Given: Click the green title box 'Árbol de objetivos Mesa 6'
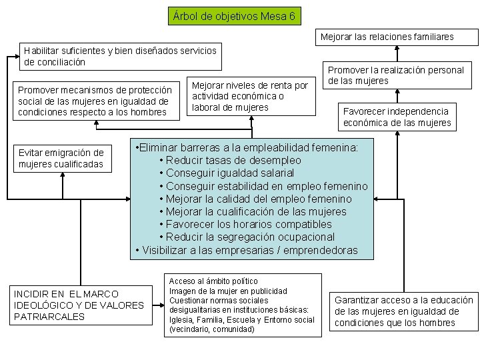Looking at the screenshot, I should click(x=234, y=15).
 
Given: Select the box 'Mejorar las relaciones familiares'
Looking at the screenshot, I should click(x=387, y=37).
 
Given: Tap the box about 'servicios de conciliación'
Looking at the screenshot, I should click(x=120, y=56).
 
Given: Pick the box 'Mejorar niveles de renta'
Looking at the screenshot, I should click(x=250, y=96).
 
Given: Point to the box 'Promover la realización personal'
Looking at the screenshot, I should click(x=396, y=75).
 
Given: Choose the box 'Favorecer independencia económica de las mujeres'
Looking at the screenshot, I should click(x=397, y=117).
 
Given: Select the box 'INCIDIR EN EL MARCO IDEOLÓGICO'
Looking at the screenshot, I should click(x=79, y=305).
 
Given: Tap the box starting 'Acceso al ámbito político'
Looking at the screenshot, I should click(x=242, y=305).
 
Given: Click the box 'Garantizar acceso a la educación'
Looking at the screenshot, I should click(x=404, y=311).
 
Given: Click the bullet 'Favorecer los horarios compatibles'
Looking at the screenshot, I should click(x=248, y=224).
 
